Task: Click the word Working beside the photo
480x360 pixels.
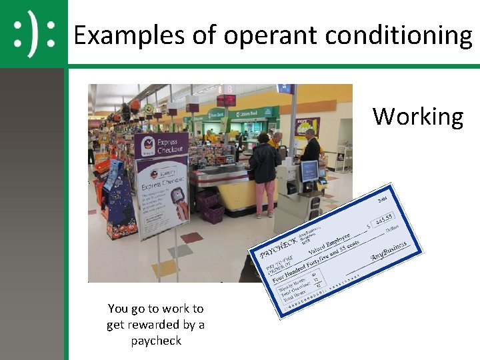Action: (417, 117)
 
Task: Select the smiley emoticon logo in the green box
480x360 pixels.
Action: (33, 33)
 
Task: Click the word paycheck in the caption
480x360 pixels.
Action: (155, 341)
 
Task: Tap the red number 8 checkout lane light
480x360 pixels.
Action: (229, 89)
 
